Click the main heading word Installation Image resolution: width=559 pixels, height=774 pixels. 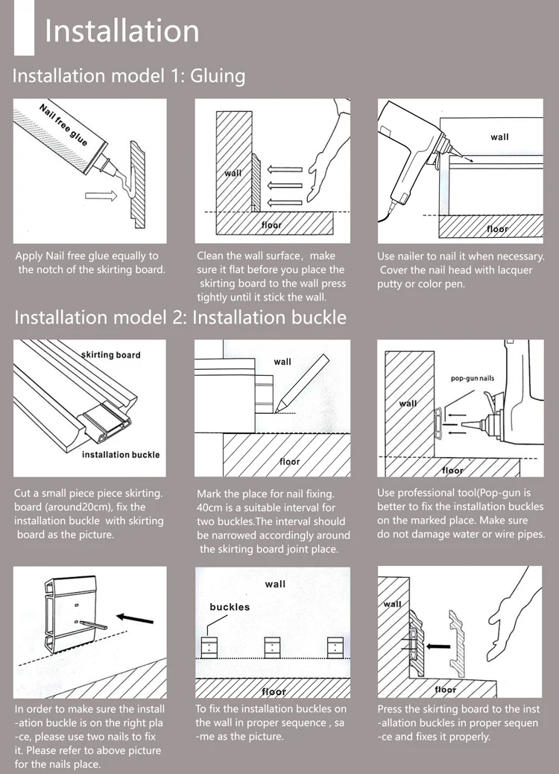click(121, 31)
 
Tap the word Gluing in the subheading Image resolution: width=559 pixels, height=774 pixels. click(218, 75)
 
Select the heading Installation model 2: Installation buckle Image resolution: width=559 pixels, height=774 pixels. click(180, 317)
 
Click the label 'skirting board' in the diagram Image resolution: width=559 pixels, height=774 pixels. click(110, 355)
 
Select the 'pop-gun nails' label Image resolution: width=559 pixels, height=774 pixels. click(473, 379)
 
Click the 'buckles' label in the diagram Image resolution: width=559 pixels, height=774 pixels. click(230, 607)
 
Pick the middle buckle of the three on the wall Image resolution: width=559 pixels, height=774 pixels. click(273, 646)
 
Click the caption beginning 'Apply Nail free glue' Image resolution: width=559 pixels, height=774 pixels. click(89, 262)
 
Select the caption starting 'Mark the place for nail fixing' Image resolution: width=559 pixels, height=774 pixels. click(273, 521)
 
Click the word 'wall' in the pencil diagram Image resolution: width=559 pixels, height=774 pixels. click(282, 362)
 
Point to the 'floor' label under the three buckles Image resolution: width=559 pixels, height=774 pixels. click(273, 691)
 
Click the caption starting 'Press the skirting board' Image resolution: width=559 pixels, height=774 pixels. click(458, 723)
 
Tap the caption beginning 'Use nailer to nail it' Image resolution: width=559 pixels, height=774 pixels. click(461, 270)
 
